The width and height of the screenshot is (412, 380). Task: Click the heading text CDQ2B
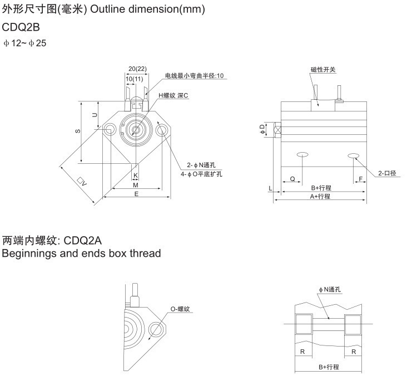[21, 27]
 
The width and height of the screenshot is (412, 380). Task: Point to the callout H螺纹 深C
[174, 95]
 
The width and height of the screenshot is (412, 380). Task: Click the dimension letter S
[77, 131]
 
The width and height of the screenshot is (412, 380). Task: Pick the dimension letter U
[95, 115]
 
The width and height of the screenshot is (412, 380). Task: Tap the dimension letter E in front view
[136, 193]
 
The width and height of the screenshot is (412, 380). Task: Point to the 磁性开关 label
[324, 70]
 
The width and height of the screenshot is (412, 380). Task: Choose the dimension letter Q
[292, 179]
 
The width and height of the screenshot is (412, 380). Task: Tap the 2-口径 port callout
[387, 173]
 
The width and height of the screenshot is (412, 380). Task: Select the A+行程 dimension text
[321, 197]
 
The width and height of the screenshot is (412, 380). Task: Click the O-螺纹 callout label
[181, 308]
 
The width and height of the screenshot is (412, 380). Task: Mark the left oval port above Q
[302, 154]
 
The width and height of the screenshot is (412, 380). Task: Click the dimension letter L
[270, 189]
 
